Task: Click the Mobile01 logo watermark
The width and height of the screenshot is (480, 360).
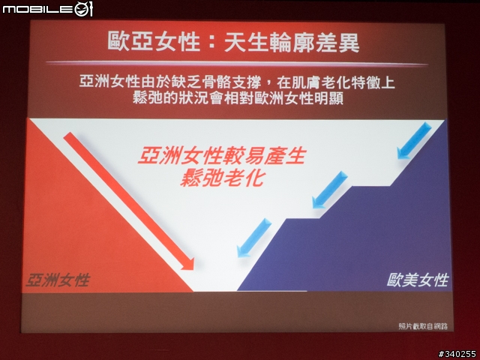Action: pyautogui.click(x=47, y=9)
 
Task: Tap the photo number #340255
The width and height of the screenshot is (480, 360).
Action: pyautogui.click(x=457, y=354)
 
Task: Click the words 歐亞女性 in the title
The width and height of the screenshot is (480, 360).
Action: pyautogui.click(x=154, y=42)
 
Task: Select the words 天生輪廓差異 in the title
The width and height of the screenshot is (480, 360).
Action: pyautogui.click(x=292, y=42)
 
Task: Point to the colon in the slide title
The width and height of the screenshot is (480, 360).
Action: pyautogui.click(x=212, y=43)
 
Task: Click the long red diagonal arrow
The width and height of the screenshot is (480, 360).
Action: pyautogui.click(x=129, y=201)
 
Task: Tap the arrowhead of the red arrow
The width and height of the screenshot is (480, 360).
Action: pyautogui.click(x=188, y=264)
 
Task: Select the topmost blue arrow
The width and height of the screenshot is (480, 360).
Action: pyautogui.click(x=414, y=140)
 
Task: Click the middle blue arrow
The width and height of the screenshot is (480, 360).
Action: pyautogui.click(x=330, y=190)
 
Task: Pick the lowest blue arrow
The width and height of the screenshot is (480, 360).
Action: pyautogui.click(x=254, y=238)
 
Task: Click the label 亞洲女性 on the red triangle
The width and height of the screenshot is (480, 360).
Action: pyautogui.click(x=58, y=280)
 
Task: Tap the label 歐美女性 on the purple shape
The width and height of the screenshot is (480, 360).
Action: pyautogui.click(x=418, y=280)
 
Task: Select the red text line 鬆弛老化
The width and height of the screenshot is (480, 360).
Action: pyautogui.click(x=222, y=178)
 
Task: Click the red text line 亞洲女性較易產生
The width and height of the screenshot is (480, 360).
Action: pyautogui.click(x=222, y=155)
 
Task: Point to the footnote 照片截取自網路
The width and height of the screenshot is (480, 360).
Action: pyautogui.click(x=423, y=326)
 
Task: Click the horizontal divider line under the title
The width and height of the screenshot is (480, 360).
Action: pyautogui.click(x=237, y=63)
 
